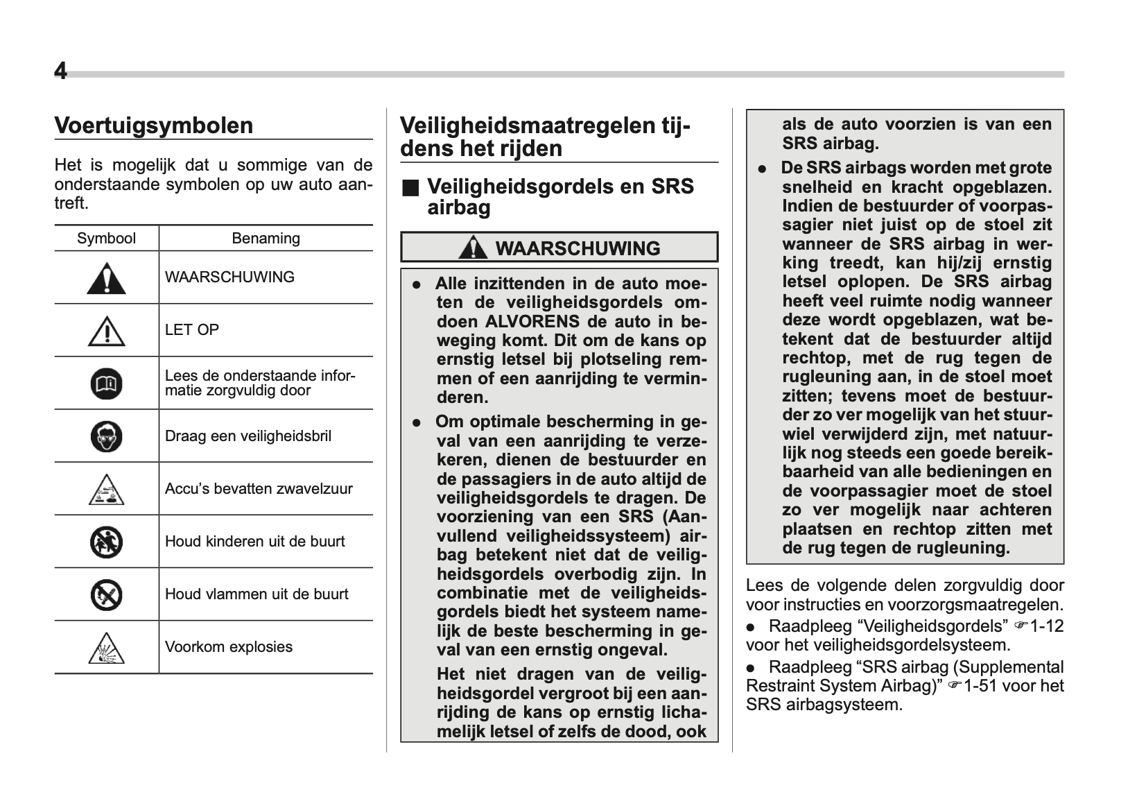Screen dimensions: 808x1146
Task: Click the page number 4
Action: [61, 71]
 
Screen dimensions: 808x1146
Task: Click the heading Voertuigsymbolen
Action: [153, 126]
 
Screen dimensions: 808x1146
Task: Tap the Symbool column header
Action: [106, 239]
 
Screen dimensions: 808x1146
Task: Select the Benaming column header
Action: [266, 239]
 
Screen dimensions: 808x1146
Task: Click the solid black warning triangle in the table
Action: [106, 278]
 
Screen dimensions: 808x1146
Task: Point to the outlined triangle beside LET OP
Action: [106, 331]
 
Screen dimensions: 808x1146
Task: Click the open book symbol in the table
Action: [106, 384]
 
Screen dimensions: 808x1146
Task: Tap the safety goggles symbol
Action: [106, 436]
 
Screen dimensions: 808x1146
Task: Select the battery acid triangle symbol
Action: [106, 490]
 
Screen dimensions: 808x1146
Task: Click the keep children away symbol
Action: [106, 542]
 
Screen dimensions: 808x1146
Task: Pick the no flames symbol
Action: [106, 594]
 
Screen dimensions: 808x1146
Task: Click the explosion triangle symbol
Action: [106, 648]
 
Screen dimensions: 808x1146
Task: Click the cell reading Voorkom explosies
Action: [229, 647]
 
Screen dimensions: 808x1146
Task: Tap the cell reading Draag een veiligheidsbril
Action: [248, 436]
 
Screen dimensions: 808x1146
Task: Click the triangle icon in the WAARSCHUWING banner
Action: [473, 248]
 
